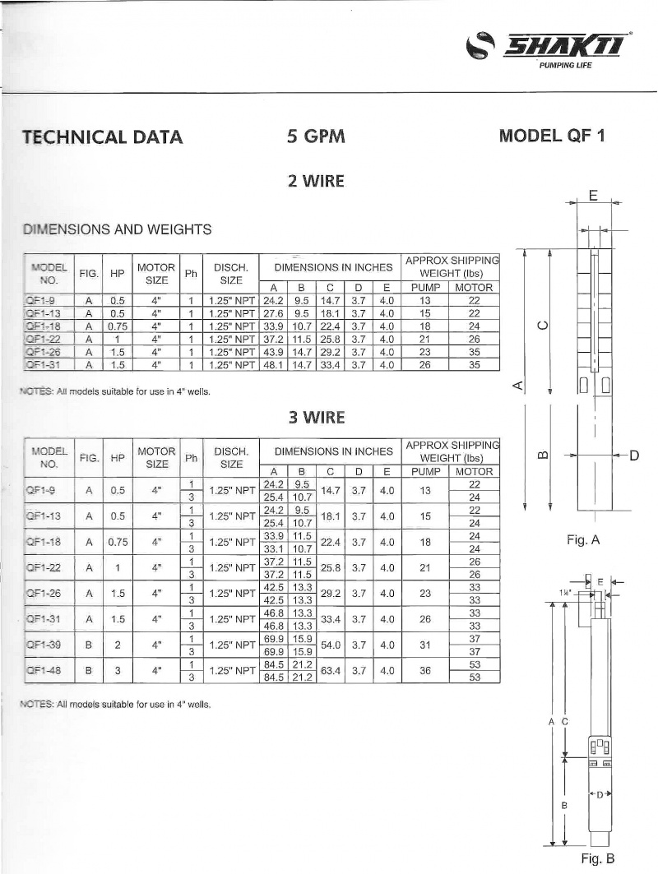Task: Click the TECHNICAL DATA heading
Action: [x=103, y=137]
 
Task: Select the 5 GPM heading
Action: [x=316, y=136]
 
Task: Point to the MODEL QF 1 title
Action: [x=552, y=136]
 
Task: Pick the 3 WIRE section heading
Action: [x=316, y=418]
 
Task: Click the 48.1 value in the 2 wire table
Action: [x=272, y=363]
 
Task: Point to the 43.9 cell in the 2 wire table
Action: [x=272, y=350]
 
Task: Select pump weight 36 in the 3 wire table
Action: [x=425, y=671]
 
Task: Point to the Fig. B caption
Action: [x=598, y=859]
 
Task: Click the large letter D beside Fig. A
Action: [x=634, y=455]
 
